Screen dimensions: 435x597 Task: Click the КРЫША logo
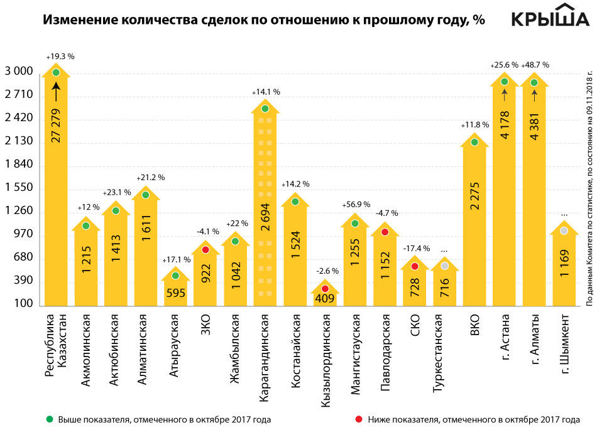click(x=545, y=18)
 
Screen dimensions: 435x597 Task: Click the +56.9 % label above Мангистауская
click(x=356, y=205)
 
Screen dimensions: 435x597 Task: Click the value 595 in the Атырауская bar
click(x=175, y=295)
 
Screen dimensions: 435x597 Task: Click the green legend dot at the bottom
click(x=50, y=419)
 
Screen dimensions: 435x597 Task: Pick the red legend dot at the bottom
click(x=359, y=419)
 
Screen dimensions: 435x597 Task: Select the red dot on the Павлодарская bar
click(x=385, y=232)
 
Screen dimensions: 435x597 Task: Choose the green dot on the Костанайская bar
click(x=295, y=201)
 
